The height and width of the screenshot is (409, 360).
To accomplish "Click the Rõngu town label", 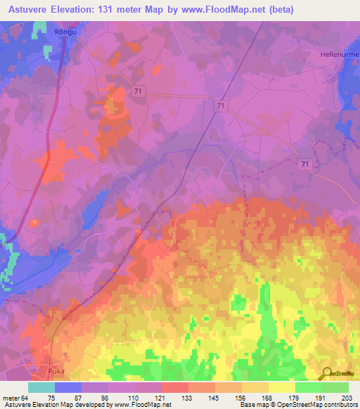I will point(64,32).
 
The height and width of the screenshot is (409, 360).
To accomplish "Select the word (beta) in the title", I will point(279,10).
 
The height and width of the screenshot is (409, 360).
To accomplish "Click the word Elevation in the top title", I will point(84,10).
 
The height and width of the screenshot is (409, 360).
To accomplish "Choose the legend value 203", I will point(345,397).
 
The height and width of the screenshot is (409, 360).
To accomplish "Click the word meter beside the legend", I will point(12,397).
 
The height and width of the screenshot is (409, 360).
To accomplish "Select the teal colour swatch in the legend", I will point(41,387).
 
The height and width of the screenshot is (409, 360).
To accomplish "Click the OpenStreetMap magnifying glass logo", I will point(327,373).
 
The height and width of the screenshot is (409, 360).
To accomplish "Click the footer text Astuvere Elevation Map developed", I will point(56,405).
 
